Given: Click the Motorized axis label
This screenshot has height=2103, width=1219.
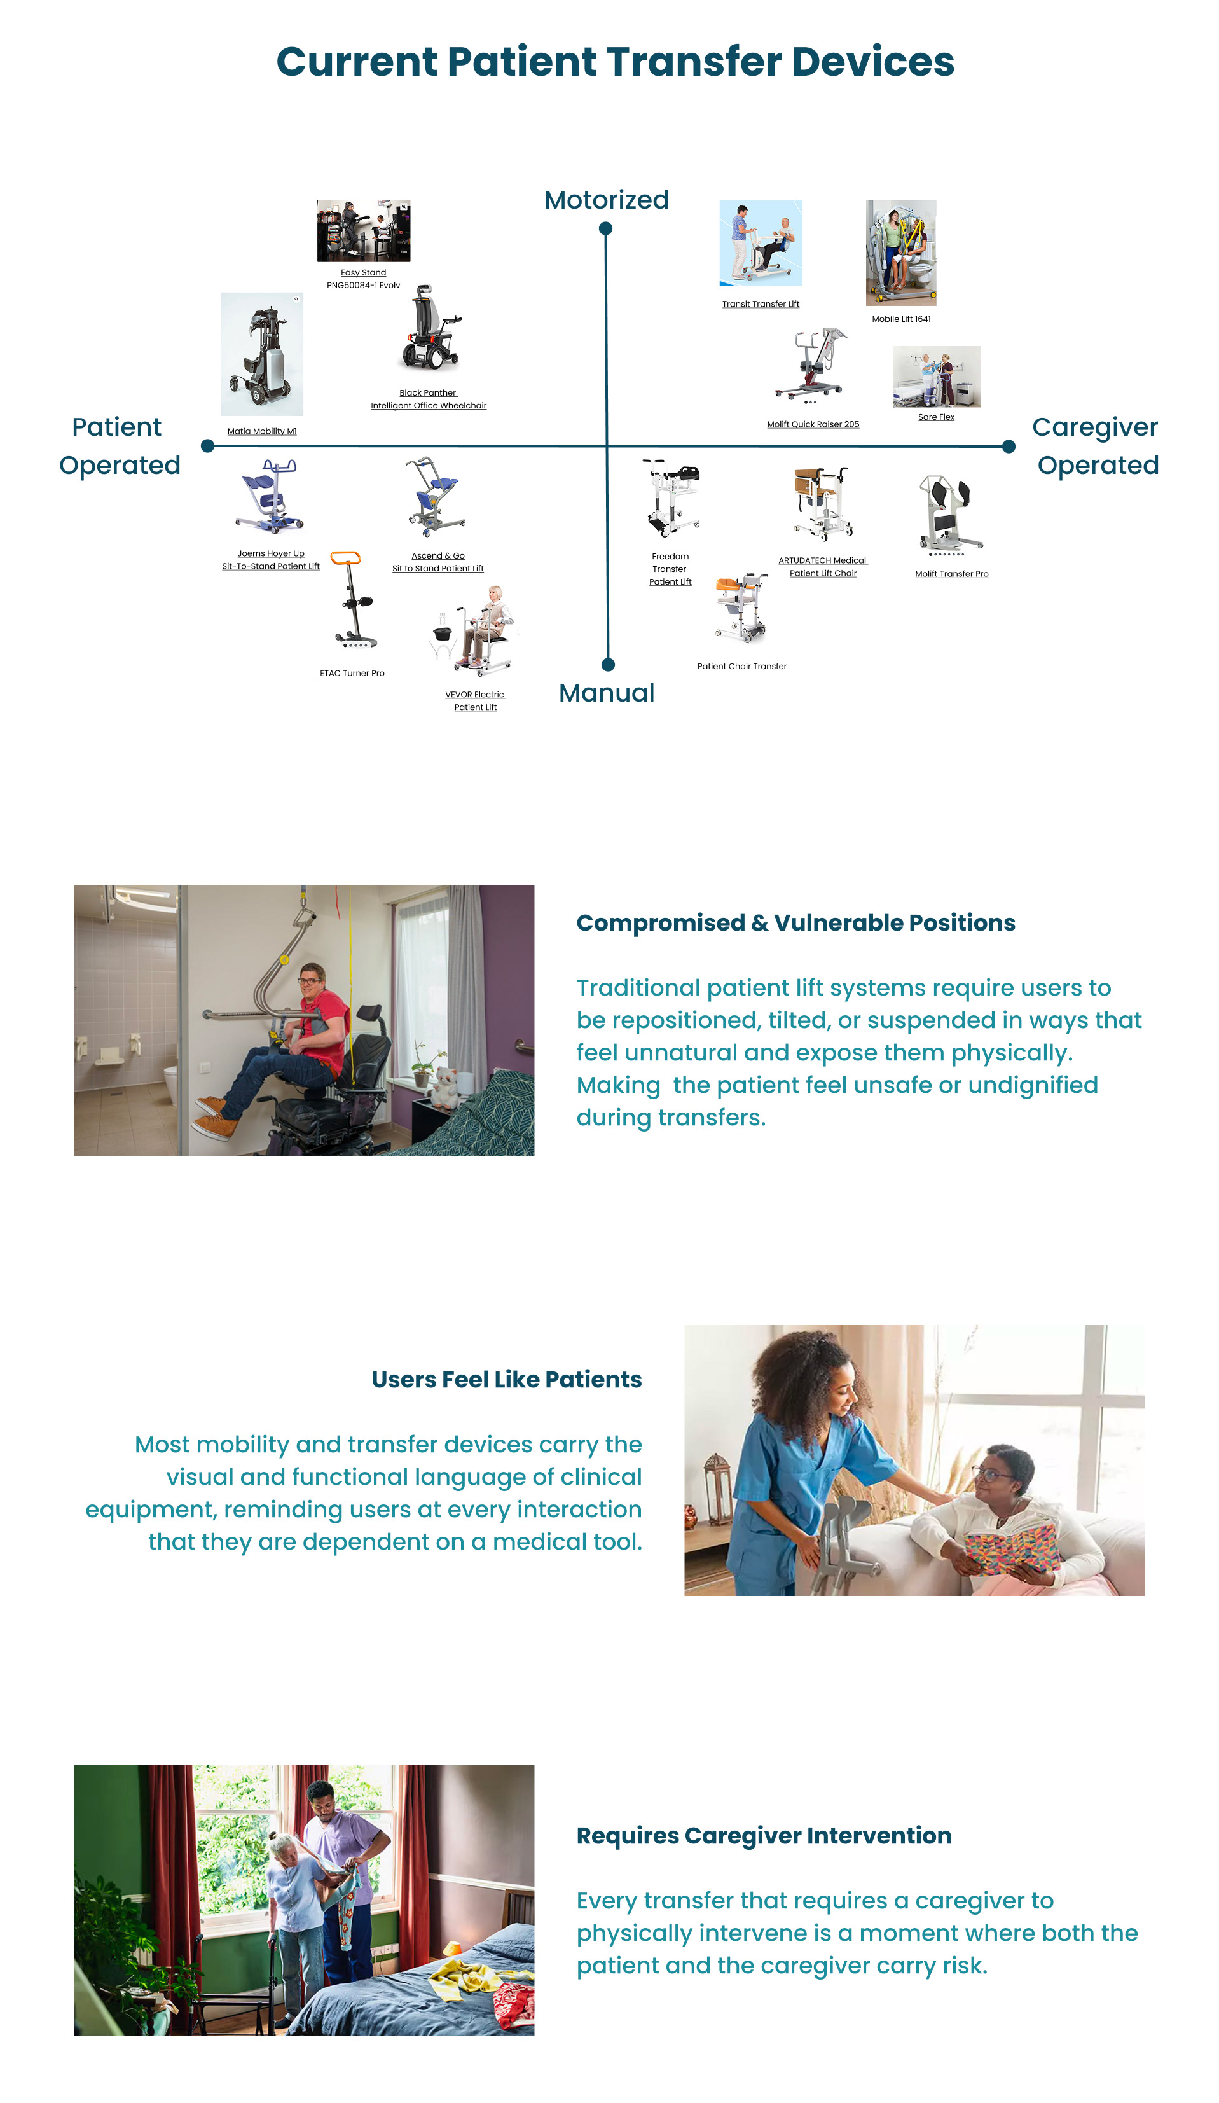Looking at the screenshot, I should point(606,200).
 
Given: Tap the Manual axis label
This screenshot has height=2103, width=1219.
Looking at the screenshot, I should point(606,693).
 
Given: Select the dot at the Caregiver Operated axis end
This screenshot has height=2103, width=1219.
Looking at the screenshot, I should point(1008,447).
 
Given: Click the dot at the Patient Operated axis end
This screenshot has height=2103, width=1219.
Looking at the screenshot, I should point(208,447).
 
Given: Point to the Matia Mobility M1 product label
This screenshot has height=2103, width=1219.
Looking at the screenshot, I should point(262,431).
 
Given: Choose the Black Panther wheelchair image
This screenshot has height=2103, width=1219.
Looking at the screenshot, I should point(430,329).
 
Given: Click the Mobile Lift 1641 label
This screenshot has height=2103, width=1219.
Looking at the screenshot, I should point(901,319).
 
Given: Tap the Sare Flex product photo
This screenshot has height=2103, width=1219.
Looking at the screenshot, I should point(936,377).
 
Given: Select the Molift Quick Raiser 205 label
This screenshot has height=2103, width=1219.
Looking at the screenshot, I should point(813,424).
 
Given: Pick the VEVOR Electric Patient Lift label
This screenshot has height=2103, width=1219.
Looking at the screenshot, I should point(475,701).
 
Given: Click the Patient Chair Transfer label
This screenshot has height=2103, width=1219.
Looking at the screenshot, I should point(741,666).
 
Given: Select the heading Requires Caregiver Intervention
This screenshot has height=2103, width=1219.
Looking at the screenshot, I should point(764,1835).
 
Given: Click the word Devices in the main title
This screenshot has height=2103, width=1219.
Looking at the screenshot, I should point(872,62).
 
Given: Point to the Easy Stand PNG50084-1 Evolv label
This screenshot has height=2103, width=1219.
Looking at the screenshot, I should point(363,279).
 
